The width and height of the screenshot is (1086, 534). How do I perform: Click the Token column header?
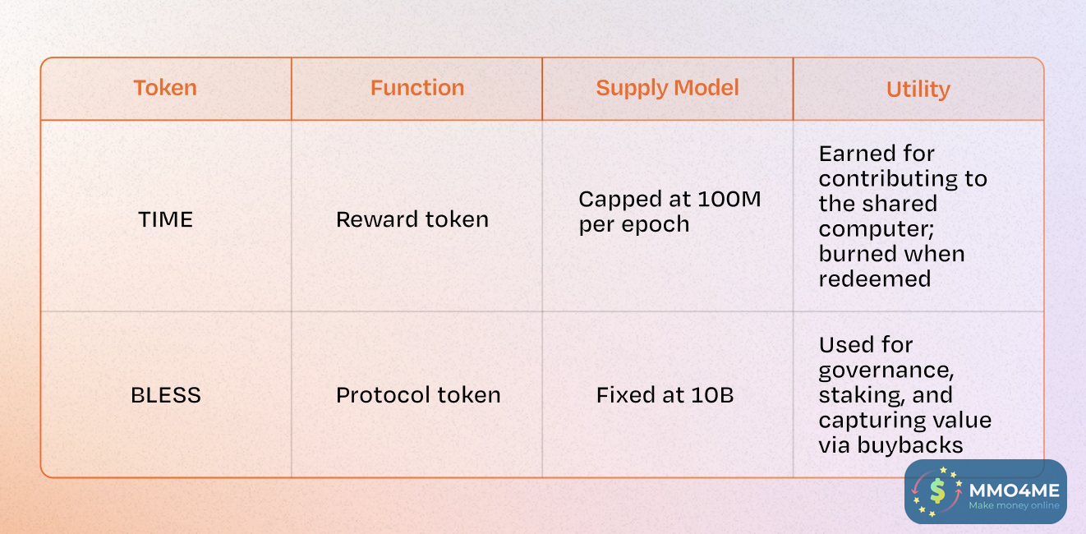pyautogui.click(x=165, y=88)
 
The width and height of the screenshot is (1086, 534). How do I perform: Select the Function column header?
pyautogui.click(x=417, y=88)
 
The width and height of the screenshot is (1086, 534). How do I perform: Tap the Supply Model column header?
pyautogui.click(x=667, y=89)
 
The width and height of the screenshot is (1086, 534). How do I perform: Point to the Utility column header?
pyautogui.click(x=918, y=90)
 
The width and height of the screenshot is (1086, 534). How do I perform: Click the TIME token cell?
pyautogui.click(x=165, y=219)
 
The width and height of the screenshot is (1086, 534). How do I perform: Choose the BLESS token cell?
pyautogui.click(x=166, y=395)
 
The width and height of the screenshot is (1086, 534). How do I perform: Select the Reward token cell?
pyautogui.click(x=412, y=219)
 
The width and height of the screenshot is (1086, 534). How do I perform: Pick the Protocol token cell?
pyautogui.click(x=418, y=395)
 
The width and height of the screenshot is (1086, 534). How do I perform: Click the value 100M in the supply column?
pyautogui.click(x=729, y=200)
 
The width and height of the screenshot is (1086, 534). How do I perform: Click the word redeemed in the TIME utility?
pyautogui.click(x=875, y=279)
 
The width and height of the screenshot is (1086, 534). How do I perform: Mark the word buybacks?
pyautogui.click(x=910, y=444)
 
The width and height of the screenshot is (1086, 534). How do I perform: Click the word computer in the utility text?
pyautogui.click(x=876, y=229)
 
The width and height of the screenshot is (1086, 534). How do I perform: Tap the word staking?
pyautogui.click(x=862, y=395)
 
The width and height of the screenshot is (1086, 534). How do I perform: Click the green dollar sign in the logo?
pyautogui.click(x=937, y=490)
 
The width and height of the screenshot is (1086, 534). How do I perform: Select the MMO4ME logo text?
pyautogui.click(x=1014, y=490)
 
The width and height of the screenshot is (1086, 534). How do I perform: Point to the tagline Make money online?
pyautogui.click(x=1014, y=505)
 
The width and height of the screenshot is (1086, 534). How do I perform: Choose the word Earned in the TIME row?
pyautogui.click(x=857, y=154)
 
